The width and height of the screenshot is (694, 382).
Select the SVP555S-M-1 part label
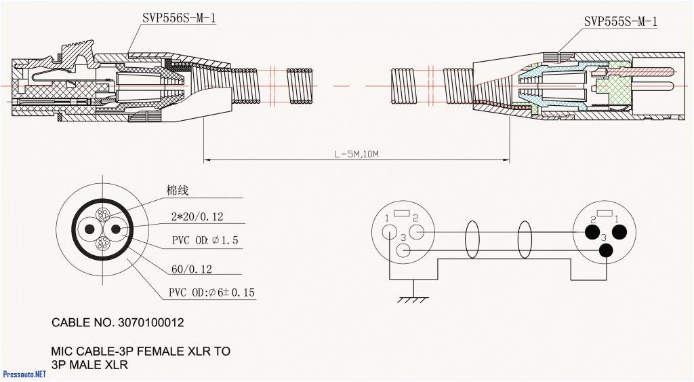(x=620, y=22)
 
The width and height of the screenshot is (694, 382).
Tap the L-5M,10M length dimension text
(x=356, y=155)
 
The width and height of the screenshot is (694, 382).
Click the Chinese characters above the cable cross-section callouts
(x=178, y=191)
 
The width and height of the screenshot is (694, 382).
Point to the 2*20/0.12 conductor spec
(x=197, y=217)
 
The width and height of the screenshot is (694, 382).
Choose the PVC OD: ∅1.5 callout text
(x=205, y=241)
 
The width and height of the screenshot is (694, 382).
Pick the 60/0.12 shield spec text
(x=192, y=269)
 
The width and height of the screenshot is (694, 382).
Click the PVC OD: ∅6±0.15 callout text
(x=211, y=293)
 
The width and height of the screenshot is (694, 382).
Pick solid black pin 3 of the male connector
(x=605, y=250)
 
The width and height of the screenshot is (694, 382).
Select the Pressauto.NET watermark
(x=24, y=374)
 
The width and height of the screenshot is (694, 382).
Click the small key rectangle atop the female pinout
(x=402, y=214)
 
